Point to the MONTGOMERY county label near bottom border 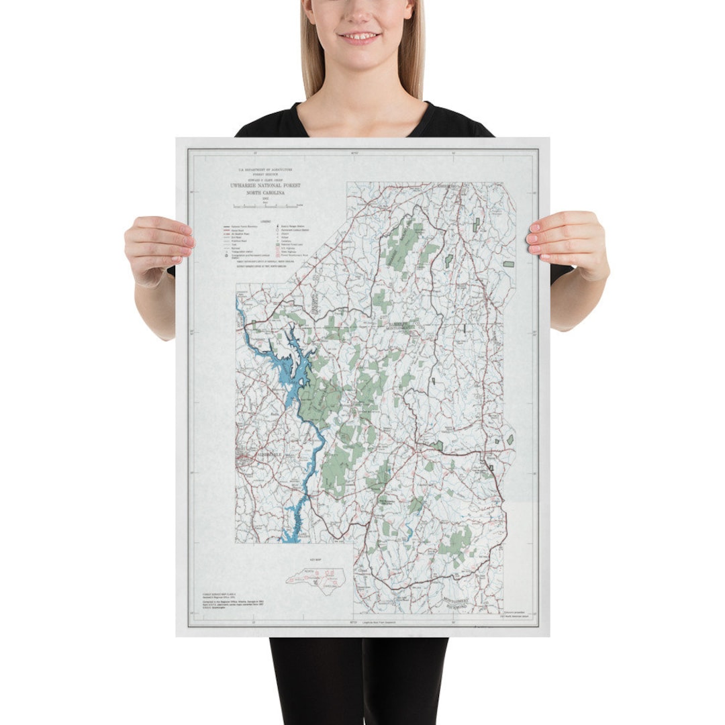[x=463, y=598]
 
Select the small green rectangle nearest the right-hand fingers [x=508, y=262]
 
